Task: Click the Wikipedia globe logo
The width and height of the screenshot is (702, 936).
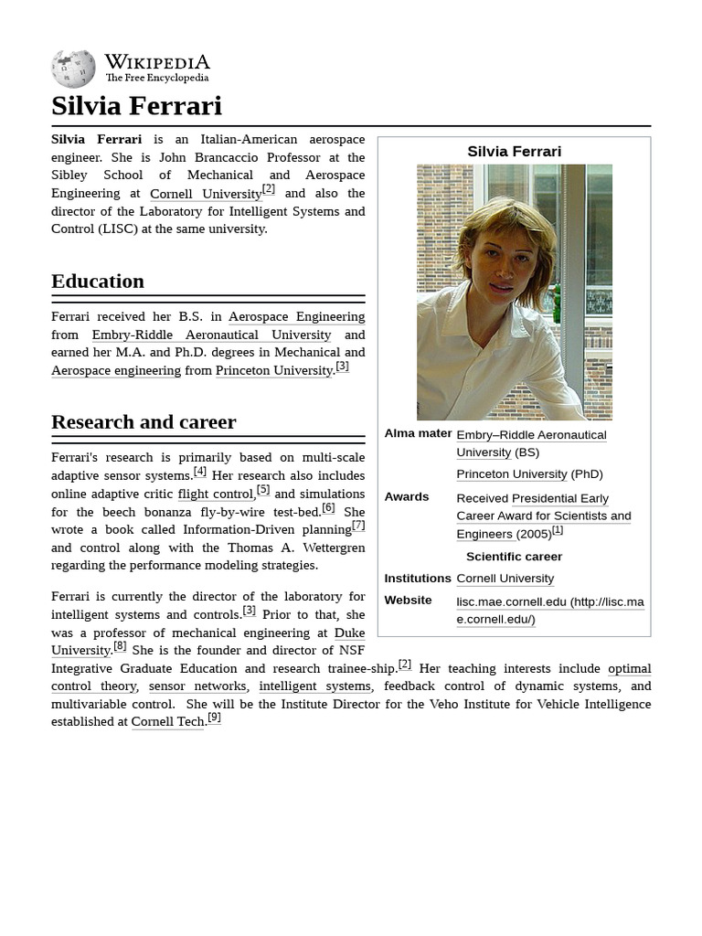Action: (x=73, y=69)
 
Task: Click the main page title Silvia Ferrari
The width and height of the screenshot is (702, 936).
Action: (x=136, y=106)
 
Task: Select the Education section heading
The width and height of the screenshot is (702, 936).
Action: (x=98, y=281)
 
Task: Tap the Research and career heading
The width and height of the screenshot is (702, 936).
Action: (x=144, y=421)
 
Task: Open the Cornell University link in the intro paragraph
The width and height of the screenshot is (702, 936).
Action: (x=206, y=194)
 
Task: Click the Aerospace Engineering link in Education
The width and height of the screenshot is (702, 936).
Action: (x=296, y=316)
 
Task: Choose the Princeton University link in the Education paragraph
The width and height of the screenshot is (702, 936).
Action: (x=273, y=370)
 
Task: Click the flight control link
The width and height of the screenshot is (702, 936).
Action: (x=216, y=494)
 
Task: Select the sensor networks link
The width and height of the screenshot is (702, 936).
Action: (x=197, y=686)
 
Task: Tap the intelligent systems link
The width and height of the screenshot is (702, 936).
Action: (x=314, y=686)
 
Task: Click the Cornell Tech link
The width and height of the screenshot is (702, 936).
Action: (x=167, y=721)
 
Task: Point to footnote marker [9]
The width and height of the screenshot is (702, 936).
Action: (x=214, y=718)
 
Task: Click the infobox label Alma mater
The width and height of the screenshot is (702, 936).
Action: (x=418, y=433)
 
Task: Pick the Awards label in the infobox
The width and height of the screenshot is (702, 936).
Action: (x=406, y=496)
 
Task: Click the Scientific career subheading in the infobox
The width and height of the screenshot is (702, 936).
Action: (x=514, y=556)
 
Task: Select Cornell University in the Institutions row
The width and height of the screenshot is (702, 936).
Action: (x=505, y=578)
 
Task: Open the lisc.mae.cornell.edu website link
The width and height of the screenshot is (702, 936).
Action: (x=549, y=610)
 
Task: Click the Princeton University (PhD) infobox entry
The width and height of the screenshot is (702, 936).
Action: (x=512, y=473)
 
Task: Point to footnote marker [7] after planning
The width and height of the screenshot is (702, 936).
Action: (x=358, y=526)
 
